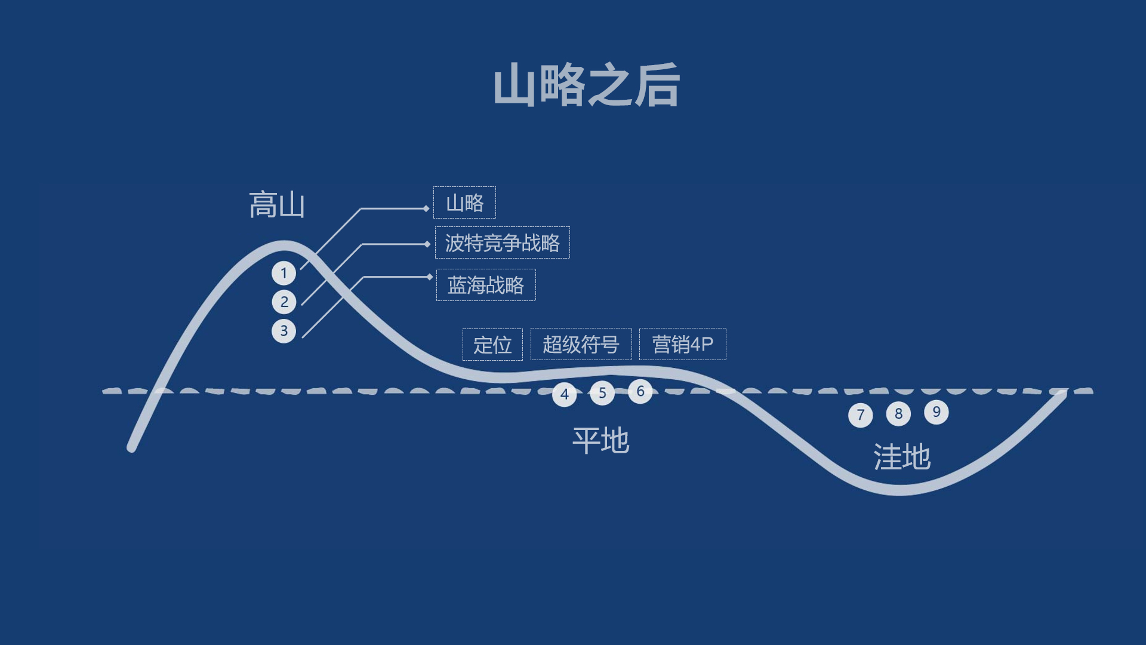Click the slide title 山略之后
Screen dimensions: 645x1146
(x=586, y=85)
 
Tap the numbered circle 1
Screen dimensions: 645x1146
(x=284, y=273)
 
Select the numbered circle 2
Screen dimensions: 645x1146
(x=284, y=302)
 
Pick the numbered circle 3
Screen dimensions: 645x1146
(x=284, y=330)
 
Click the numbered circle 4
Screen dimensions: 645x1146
(x=564, y=394)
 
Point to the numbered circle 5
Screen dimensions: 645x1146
(x=602, y=393)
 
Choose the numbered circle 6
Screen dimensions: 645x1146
(x=640, y=391)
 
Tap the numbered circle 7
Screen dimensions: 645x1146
(x=860, y=415)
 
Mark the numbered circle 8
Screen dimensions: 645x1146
(x=898, y=413)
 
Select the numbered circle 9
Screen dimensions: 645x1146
(x=936, y=412)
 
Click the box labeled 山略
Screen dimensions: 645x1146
(x=464, y=203)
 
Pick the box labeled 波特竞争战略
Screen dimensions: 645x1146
(x=502, y=243)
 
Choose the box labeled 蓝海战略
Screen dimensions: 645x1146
(x=486, y=285)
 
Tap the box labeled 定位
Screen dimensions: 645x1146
(x=492, y=345)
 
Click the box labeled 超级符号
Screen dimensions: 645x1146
(x=581, y=345)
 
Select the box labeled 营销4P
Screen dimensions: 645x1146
(x=682, y=344)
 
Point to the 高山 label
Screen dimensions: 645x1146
(x=277, y=205)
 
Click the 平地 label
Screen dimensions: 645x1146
(x=600, y=441)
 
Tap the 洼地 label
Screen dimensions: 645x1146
(x=902, y=457)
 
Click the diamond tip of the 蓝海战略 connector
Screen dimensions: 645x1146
(x=430, y=277)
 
